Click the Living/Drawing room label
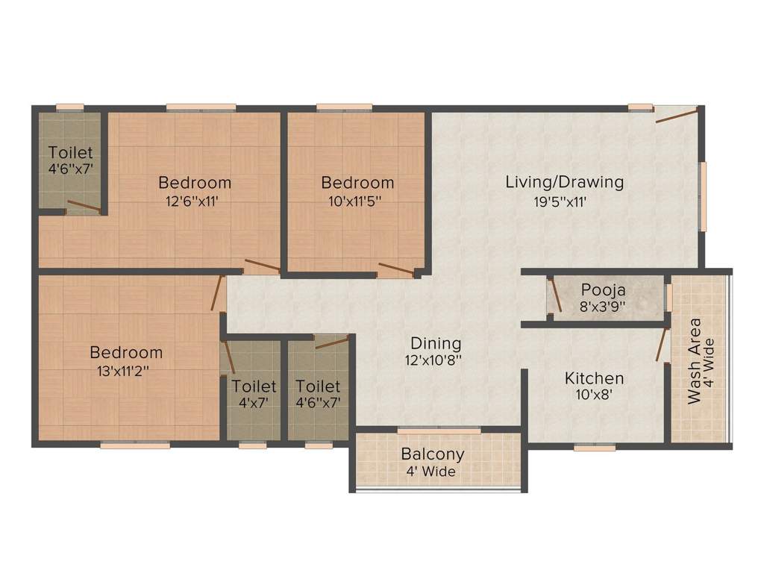(x=564, y=181)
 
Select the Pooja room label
(x=604, y=289)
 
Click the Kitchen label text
(x=594, y=378)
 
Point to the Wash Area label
(x=695, y=361)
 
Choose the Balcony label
(x=433, y=454)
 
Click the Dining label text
(x=436, y=343)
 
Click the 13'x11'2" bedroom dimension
(x=125, y=371)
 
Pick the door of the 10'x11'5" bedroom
(x=395, y=271)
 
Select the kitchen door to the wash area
(x=661, y=343)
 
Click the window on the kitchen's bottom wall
(x=595, y=448)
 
